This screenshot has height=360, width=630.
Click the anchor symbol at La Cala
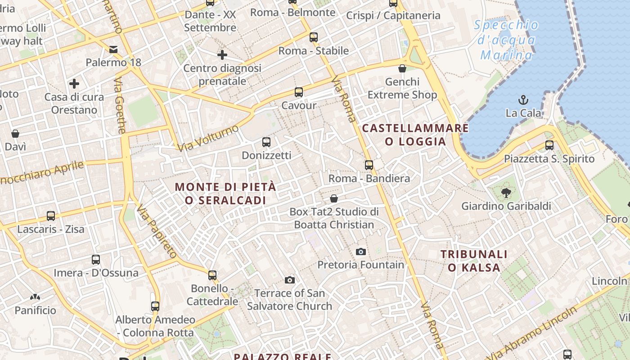pyautogui.click(x=523, y=100)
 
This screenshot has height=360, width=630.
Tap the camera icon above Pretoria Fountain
pyautogui.click(x=360, y=252)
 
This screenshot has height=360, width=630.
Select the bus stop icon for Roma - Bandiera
pyautogui.click(x=369, y=165)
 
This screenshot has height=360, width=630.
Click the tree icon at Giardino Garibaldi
pyautogui.click(x=506, y=193)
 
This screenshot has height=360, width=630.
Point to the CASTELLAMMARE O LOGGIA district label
pyautogui.click(x=415, y=135)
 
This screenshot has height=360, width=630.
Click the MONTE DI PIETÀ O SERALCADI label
pyautogui.click(x=225, y=193)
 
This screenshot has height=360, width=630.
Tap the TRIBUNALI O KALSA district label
pyautogui.click(x=474, y=261)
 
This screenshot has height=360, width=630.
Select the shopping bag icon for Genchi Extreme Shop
pyautogui.click(x=402, y=68)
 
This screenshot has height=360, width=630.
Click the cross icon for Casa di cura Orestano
pyautogui.click(x=74, y=84)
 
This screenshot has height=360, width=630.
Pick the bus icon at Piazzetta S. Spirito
pyautogui.click(x=549, y=145)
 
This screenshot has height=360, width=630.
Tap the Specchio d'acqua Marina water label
pyautogui.click(x=506, y=40)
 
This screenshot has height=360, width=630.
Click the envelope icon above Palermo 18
pyautogui.click(x=113, y=49)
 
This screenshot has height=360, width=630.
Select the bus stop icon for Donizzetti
pyautogui.click(x=266, y=142)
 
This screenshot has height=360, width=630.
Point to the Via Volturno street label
pyautogui.click(x=208, y=138)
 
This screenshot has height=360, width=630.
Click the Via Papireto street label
pyautogui.click(x=157, y=231)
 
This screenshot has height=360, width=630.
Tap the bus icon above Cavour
pyautogui.click(x=298, y=92)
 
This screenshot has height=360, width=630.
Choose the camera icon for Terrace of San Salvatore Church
pyautogui.click(x=290, y=280)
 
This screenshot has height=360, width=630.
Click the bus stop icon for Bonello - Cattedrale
pyautogui.click(x=212, y=275)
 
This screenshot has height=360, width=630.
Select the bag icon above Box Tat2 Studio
pyautogui.click(x=334, y=198)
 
